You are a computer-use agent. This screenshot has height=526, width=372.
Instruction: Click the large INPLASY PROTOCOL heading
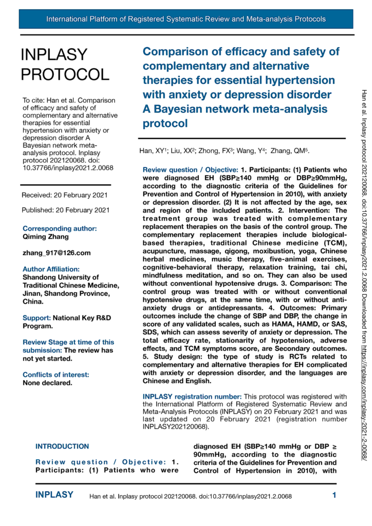point(65,64)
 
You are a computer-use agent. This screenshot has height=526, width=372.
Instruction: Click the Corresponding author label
point(60,228)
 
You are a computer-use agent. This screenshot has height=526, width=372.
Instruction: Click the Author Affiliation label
point(51,269)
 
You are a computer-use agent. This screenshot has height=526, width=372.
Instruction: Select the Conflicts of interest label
point(55,360)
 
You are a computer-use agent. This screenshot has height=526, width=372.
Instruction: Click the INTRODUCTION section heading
point(62,446)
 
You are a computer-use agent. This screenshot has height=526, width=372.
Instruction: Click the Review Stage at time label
point(68,342)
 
